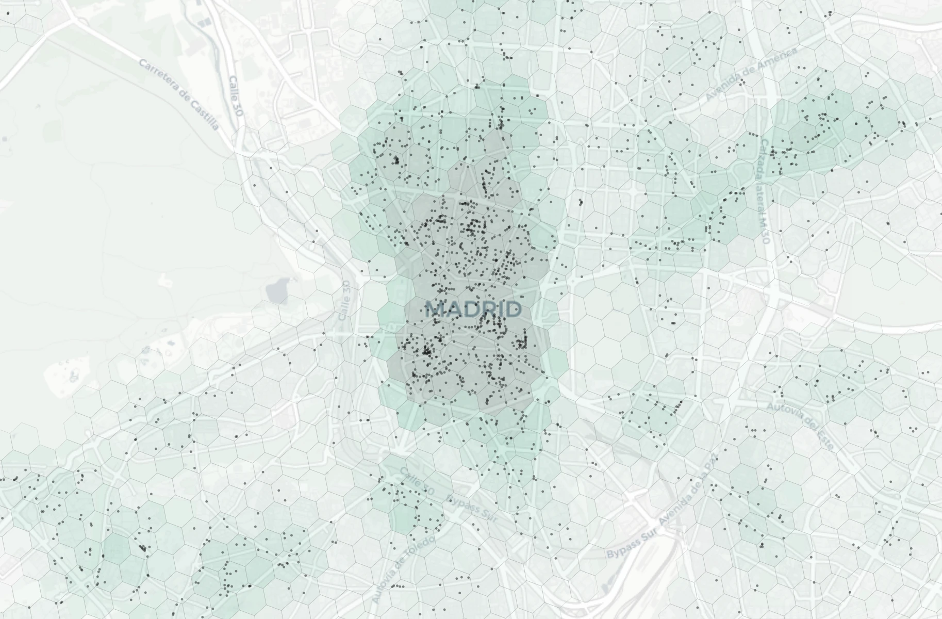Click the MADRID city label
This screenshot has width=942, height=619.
tap(474, 309)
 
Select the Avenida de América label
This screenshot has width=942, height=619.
tap(752, 73)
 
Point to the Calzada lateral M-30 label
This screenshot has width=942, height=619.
tap(764, 191)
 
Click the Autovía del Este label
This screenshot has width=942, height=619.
tap(800, 425)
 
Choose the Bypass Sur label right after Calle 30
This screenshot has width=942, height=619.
tap(472, 508)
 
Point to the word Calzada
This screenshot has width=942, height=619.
tap(764, 157)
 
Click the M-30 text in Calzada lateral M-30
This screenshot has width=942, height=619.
tap(765, 230)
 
